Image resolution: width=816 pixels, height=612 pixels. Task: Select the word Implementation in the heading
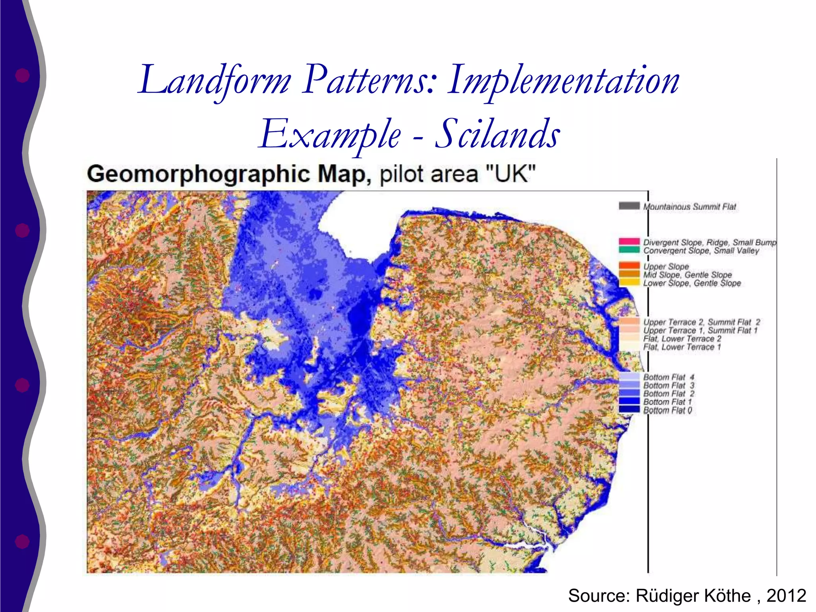coord(563,80)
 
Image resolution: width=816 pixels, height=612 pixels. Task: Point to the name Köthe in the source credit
coord(727,596)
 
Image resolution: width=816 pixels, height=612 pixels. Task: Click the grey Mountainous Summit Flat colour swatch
coord(629,206)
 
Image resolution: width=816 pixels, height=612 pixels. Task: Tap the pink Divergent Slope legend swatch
coord(629,241)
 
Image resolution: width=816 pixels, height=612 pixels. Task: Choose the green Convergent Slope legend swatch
coord(629,250)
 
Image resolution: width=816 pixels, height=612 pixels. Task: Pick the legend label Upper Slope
coord(666,266)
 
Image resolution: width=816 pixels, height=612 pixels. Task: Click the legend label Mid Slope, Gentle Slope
coord(687,275)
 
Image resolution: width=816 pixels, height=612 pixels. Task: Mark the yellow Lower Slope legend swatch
coord(629,282)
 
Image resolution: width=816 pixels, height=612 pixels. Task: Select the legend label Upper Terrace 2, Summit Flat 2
coord(701,322)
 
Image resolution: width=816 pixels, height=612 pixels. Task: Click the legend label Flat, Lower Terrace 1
coord(682,347)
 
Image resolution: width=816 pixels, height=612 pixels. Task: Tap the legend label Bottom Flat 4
coord(669,377)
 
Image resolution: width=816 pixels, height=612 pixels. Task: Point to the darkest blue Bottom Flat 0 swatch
coord(629,410)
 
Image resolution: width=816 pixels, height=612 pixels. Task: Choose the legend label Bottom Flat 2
coord(669,394)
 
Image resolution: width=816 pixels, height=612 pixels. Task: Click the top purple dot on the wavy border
coord(22,75)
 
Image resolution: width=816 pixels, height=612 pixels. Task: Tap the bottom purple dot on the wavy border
coord(22,541)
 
